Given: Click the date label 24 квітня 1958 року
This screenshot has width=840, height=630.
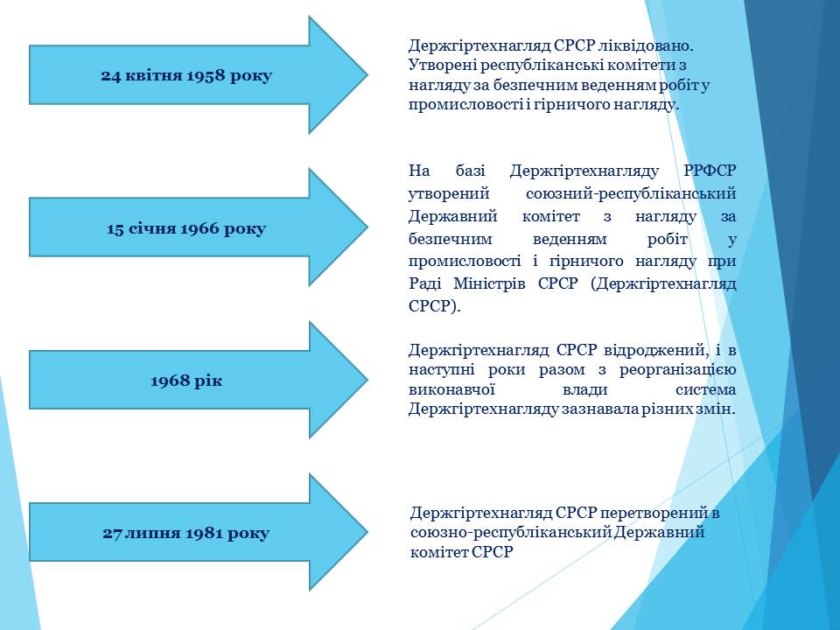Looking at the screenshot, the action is (186, 75).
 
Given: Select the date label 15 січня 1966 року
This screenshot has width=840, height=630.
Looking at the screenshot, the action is (186, 228).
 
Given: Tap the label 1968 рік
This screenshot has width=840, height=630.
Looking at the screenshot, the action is (186, 381).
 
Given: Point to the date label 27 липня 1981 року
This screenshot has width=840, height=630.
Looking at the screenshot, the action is (185, 534).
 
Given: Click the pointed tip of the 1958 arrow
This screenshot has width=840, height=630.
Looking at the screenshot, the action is (368, 75).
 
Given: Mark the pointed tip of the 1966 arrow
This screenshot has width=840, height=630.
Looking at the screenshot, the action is (368, 227).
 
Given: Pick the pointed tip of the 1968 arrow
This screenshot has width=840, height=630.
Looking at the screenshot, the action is (368, 379).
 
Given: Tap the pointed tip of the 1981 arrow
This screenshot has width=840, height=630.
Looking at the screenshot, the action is (368, 532).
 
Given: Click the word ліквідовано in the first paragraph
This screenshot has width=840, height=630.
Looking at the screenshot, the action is (646, 46).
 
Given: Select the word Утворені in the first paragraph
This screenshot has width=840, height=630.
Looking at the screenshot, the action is (442, 66).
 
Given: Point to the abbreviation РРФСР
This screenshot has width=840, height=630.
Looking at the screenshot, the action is (710, 171).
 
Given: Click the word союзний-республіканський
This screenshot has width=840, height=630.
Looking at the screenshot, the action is (631, 194).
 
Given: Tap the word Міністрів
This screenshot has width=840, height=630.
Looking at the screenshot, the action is (490, 283).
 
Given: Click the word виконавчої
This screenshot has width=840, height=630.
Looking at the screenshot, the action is (451, 390).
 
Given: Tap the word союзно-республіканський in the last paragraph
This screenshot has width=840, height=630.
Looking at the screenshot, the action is (511, 533).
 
